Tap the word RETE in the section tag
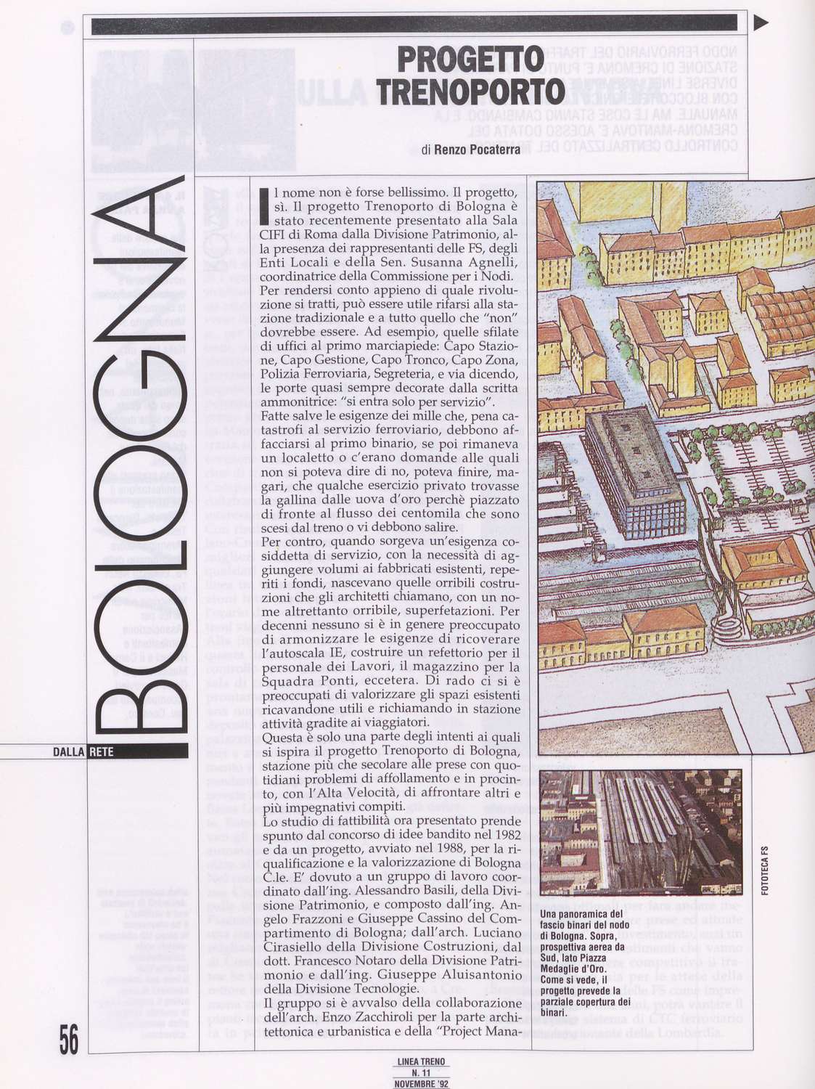tap(101, 752)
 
